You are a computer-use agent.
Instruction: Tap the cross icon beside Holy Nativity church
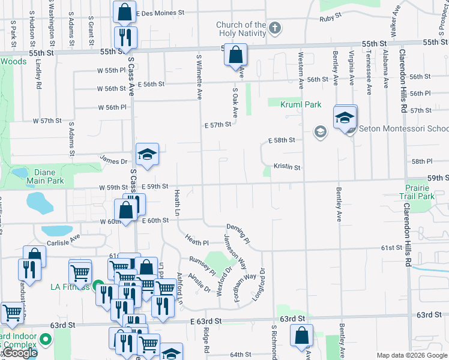pyautogui.click(x=274, y=28)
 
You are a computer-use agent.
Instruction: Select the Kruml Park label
pyautogui.click(x=301, y=104)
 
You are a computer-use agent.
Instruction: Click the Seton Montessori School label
pyautogui.click(x=403, y=129)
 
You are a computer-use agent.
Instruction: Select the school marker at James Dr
pyautogui.click(x=147, y=155)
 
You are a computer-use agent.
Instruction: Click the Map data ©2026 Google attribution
pyautogui.click(x=411, y=355)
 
